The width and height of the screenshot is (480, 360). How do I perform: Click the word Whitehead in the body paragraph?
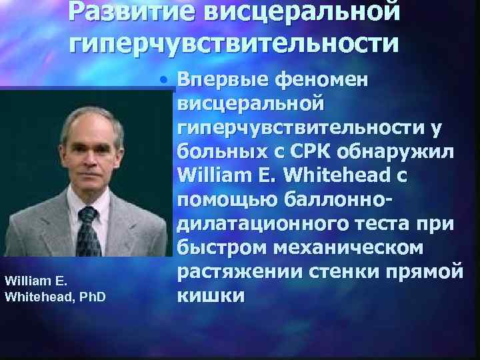tap(330, 175)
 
